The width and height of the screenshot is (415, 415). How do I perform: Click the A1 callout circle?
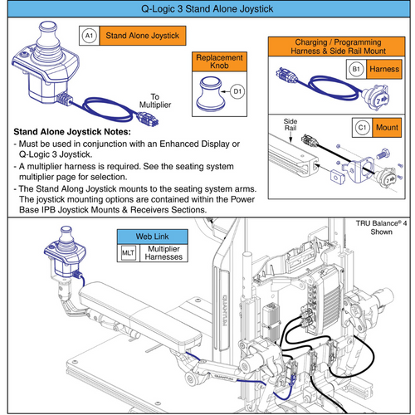coord(89,36)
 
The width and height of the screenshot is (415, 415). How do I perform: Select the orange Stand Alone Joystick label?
coord(143,36)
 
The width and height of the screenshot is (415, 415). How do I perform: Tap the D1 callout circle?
coord(237,91)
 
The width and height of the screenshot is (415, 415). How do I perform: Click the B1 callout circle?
coord(356,69)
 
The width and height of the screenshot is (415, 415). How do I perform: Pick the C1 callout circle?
coord(362,128)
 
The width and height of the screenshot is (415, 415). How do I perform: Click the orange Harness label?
coord(384,69)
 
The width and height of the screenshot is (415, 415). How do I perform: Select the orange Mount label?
coord(387,128)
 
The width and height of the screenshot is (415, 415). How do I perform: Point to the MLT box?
coord(128,253)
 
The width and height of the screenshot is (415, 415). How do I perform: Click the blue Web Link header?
coord(152,237)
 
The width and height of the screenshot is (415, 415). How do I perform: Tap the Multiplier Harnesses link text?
coord(164,253)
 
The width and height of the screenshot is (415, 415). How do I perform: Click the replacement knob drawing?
coord(211,95)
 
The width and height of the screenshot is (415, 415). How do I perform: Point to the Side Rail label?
coord(290,124)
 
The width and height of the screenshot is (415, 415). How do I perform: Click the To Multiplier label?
coord(155,100)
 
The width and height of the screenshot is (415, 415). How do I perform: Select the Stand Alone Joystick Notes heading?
coord(72,132)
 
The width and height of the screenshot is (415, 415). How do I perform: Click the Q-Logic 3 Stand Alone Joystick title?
coord(207,9)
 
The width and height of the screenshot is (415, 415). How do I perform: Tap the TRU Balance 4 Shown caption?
coord(381,227)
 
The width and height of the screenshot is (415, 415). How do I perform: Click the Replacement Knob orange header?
coord(219,61)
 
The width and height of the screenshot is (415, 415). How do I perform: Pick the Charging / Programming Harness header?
coord(337,46)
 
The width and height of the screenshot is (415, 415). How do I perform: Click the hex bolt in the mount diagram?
coord(383,153)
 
